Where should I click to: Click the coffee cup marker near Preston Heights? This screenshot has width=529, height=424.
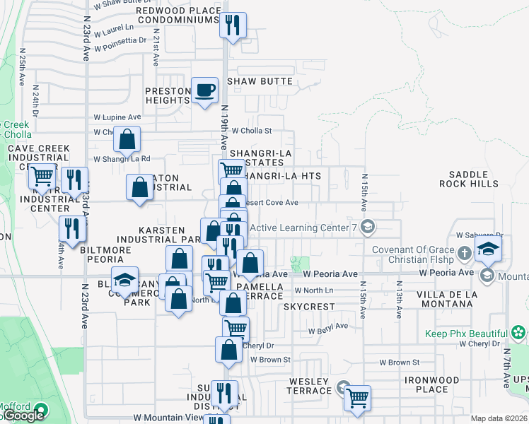click(x=205, y=90)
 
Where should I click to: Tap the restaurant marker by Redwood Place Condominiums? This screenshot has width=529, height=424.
click(x=232, y=26)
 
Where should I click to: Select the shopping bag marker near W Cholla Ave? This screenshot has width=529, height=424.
click(x=127, y=140)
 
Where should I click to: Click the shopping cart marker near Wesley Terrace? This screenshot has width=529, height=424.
click(x=358, y=398)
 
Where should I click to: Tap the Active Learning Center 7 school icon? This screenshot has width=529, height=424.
click(x=367, y=227)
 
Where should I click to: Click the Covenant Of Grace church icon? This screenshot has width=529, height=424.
click(x=464, y=253)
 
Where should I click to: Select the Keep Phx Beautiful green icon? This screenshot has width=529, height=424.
click(x=518, y=333)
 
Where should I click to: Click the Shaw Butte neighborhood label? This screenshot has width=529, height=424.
click(x=260, y=81)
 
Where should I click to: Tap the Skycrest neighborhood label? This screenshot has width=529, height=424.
click(x=308, y=307)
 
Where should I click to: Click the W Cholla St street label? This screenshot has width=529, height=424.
click(x=252, y=131)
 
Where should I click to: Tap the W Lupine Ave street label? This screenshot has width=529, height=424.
click(x=117, y=117)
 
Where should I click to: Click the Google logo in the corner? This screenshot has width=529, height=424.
click(x=23, y=416)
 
